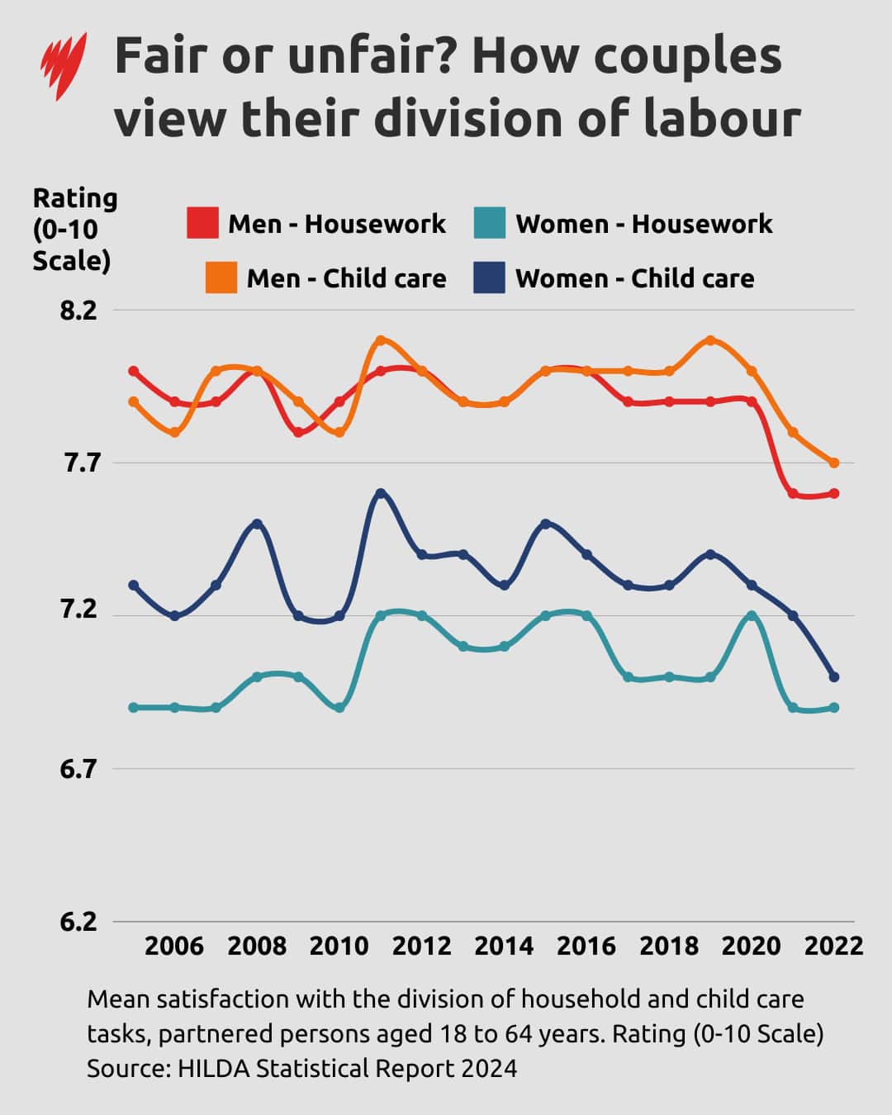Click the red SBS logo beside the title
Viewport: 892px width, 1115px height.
(64, 65)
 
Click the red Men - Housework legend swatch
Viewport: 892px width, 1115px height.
(202, 223)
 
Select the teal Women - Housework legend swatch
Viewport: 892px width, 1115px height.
(490, 223)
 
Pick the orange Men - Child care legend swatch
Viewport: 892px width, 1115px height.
(221, 278)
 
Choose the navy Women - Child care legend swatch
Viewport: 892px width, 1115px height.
(489, 278)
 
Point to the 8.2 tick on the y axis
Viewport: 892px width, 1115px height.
(78, 311)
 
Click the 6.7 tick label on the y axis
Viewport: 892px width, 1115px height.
(78, 769)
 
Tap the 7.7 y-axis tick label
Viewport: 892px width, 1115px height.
(78, 463)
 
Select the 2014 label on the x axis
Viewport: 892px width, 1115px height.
(504, 946)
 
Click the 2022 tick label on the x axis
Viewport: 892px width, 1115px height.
(833, 946)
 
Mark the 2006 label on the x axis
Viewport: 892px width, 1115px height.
(174, 946)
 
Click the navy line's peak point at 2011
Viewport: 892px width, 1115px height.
(381, 494)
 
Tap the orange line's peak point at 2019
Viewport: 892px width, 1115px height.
(710, 340)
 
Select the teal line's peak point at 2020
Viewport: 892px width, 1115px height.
(752, 616)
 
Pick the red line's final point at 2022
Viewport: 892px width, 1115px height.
(834, 494)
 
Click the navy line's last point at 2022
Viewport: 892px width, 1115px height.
(834, 677)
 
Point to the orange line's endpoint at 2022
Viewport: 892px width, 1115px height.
(834, 463)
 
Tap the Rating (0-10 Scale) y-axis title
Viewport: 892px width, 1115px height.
(74, 230)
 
